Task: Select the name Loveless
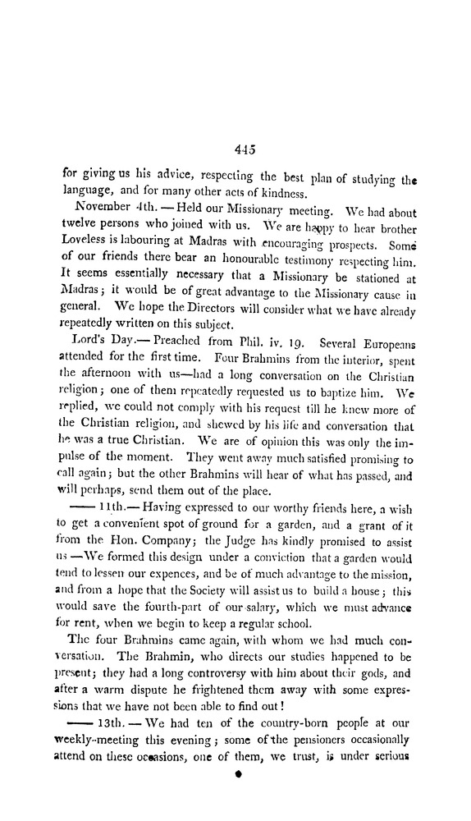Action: pos(85,244)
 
